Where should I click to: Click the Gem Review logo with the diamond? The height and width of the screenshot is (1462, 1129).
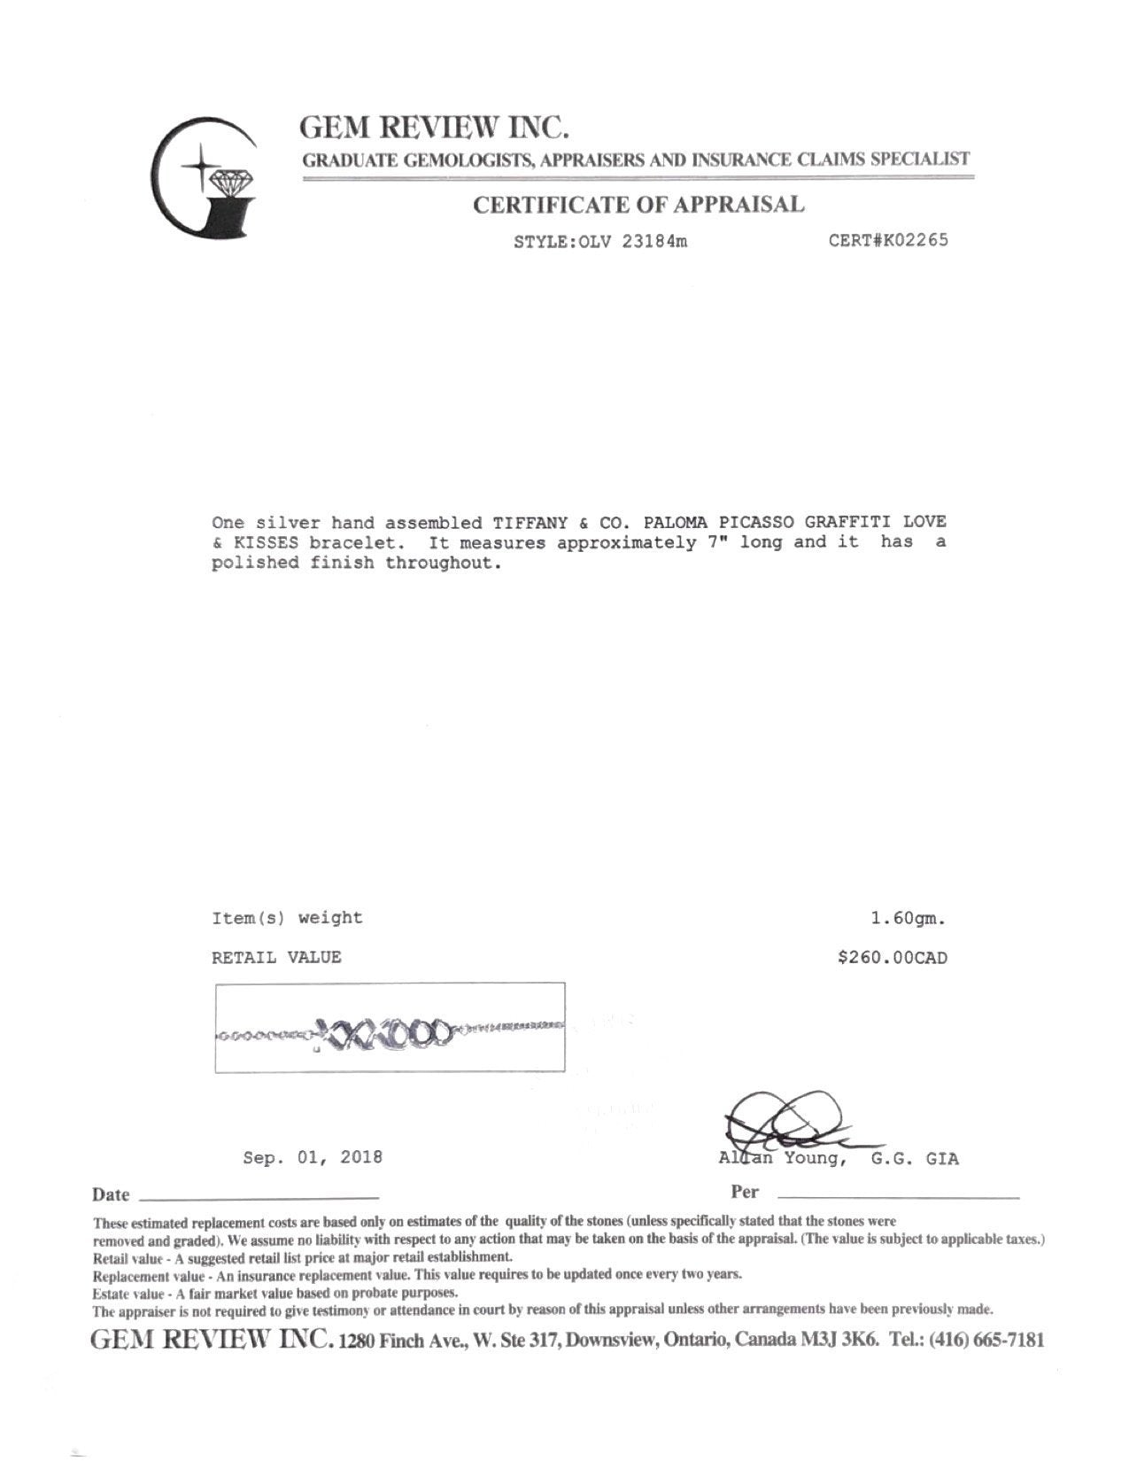[x=205, y=177]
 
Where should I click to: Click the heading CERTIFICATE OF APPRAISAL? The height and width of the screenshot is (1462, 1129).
[x=638, y=206]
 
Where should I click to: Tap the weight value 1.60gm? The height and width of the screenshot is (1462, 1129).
[x=909, y=919]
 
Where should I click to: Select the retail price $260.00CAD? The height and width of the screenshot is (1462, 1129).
[x=893, y=958]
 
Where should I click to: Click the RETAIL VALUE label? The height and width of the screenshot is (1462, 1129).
[x=276, y=958]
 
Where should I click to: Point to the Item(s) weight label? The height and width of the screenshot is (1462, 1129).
[x=287, y=918]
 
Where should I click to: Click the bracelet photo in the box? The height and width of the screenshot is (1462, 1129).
[x=390, y=1028]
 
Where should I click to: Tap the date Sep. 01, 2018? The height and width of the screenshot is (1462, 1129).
[x=313, y=1157]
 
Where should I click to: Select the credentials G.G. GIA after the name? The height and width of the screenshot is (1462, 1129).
[x=915, y=1159]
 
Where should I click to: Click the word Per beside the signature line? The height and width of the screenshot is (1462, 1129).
[x=745, y=1193]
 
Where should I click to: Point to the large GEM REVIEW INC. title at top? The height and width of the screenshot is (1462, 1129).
[x=434, y=128]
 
